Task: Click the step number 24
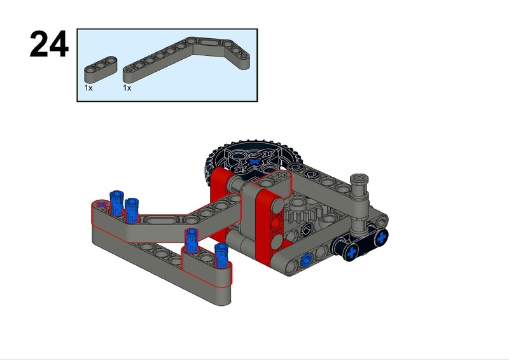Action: click(49, 44)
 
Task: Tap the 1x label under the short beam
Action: click(88, 88)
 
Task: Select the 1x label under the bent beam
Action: click(127, 88)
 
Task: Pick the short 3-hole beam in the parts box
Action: click(101, 69)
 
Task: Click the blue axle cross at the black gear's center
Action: click(254, 162)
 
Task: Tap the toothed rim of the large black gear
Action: click(253, 144)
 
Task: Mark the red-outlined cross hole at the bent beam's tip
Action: click(102, 205)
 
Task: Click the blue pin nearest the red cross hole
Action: click(116, 203)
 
